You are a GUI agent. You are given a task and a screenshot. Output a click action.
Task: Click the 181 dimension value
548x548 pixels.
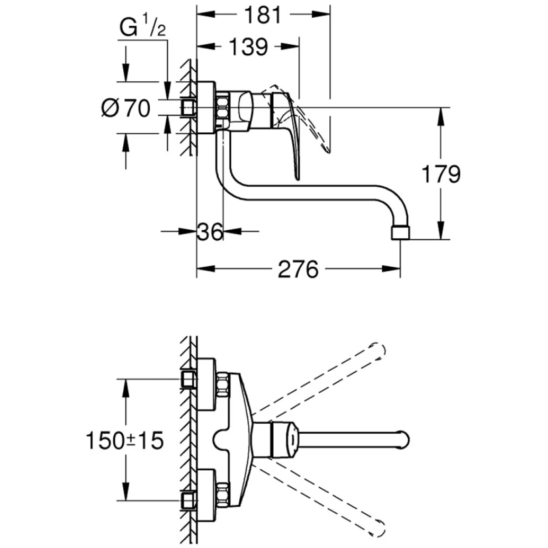tap(263, 16)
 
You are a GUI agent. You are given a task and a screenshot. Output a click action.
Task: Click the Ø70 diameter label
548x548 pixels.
tap(126, 108)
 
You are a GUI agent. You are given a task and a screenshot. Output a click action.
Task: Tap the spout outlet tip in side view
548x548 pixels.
tap(400, 233)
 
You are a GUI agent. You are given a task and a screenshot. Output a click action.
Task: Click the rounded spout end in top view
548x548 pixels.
tap(404, 440)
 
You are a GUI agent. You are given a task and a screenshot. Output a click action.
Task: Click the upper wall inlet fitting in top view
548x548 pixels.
tap(189, 379)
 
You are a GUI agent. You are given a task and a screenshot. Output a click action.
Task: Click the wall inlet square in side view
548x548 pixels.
tap(188, 108)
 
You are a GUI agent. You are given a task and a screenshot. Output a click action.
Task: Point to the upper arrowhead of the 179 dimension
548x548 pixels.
tap(441, 114)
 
